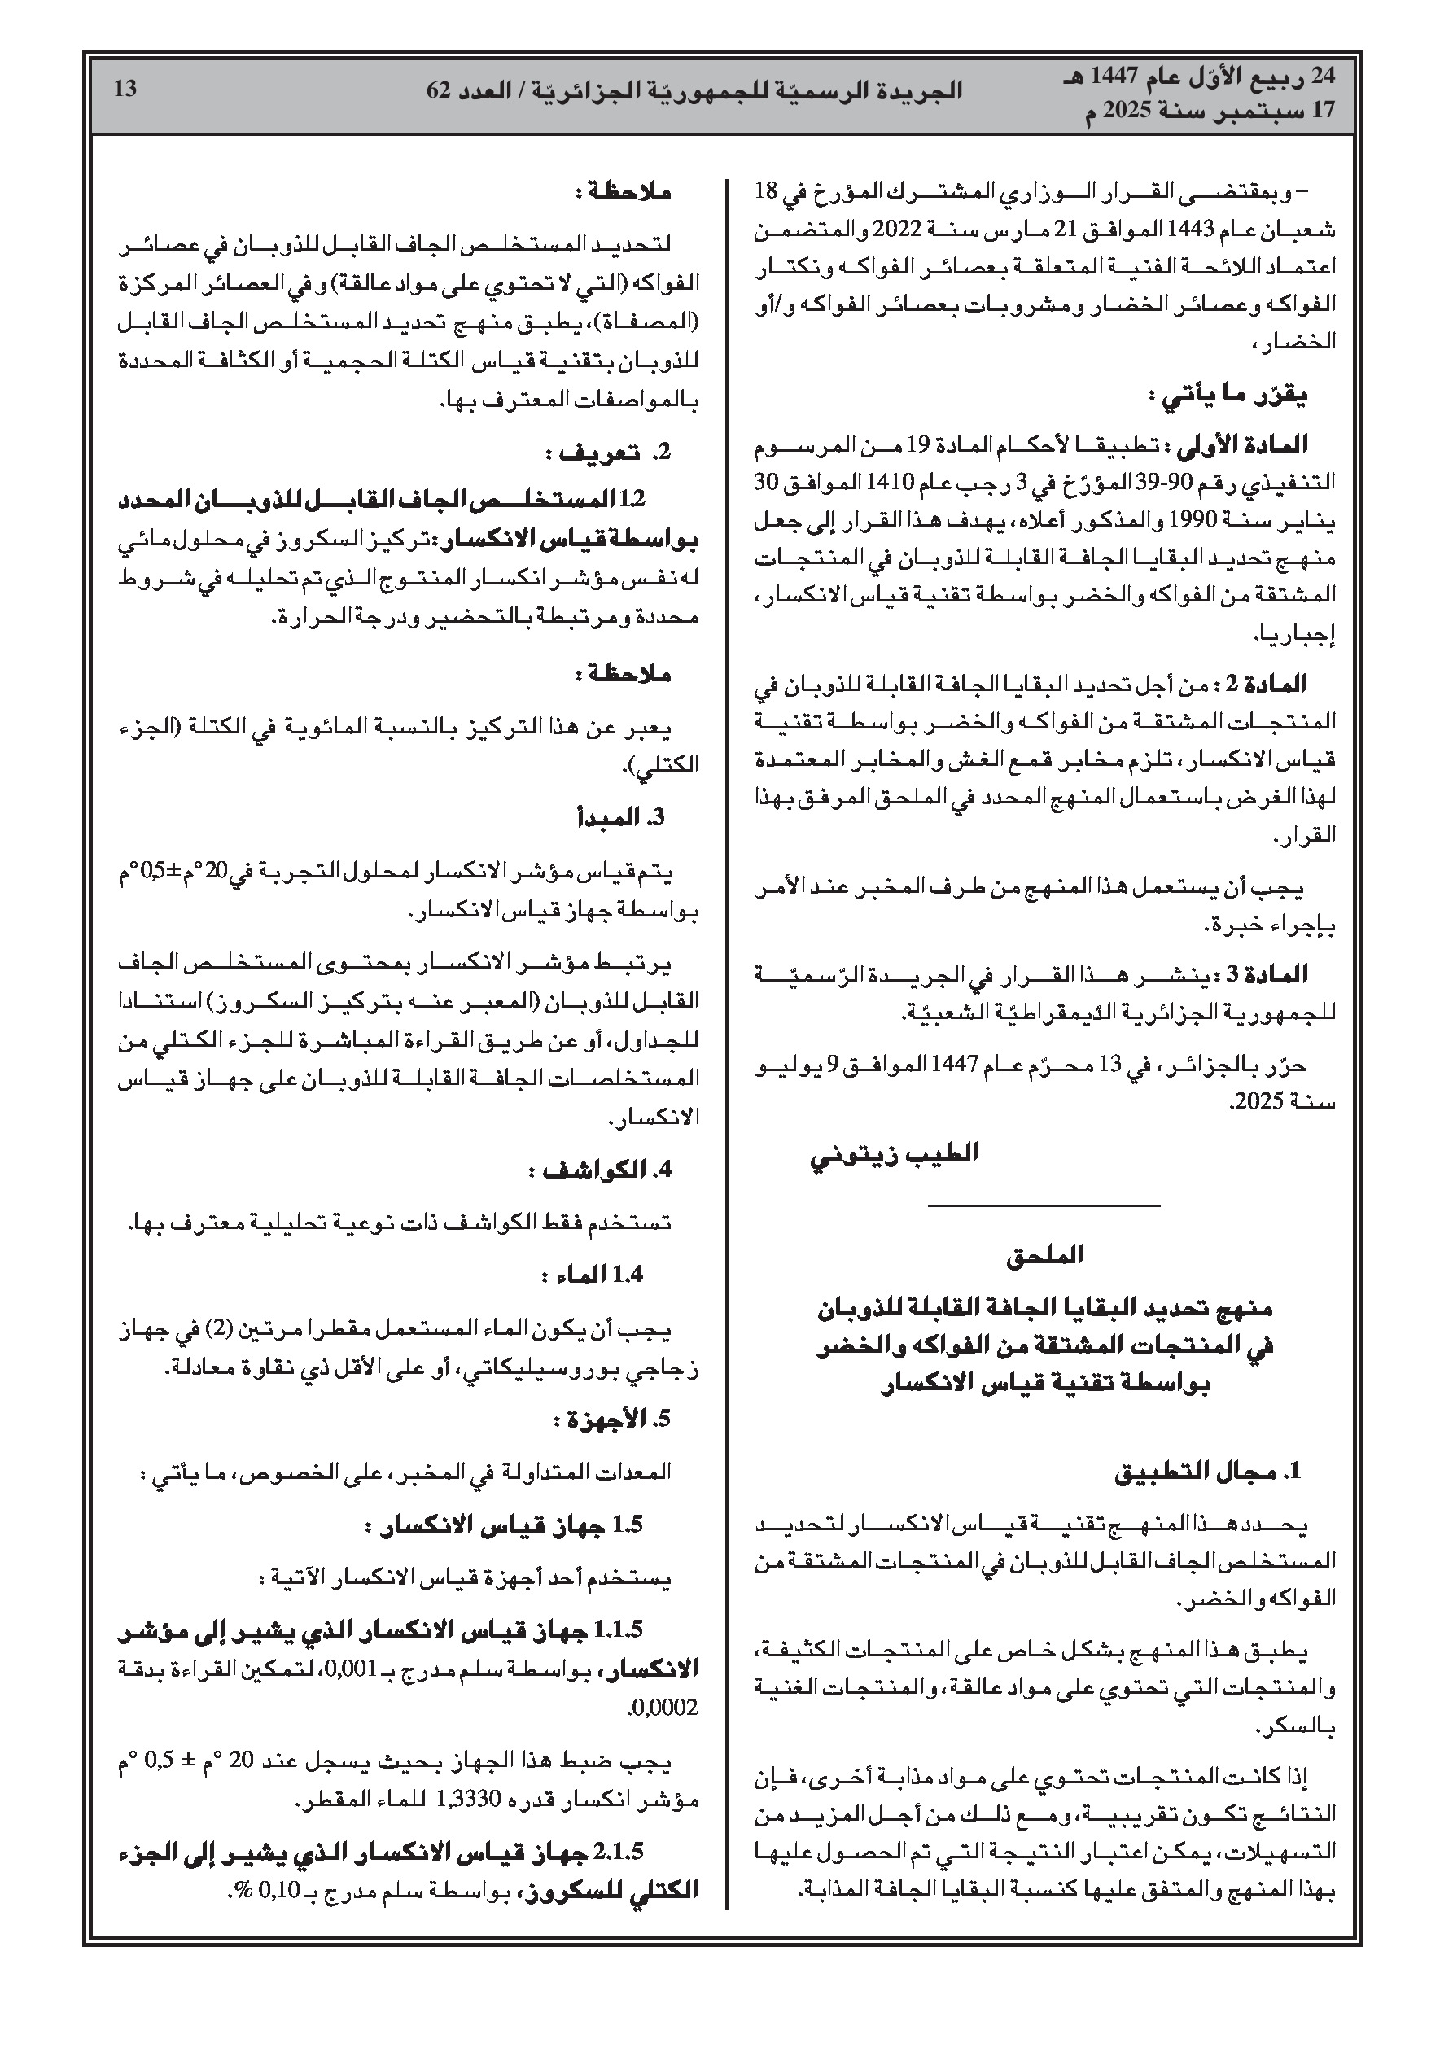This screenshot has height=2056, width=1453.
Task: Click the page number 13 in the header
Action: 126,89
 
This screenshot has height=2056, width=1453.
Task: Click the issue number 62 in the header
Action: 440,90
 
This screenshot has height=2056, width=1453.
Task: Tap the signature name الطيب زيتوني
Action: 894,1153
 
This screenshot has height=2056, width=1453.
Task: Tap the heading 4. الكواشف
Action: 600,1170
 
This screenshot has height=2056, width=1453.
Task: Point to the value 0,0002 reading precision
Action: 665,1708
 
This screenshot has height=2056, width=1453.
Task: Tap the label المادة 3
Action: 1272,973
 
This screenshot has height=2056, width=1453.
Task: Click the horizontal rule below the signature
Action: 1044,1205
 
